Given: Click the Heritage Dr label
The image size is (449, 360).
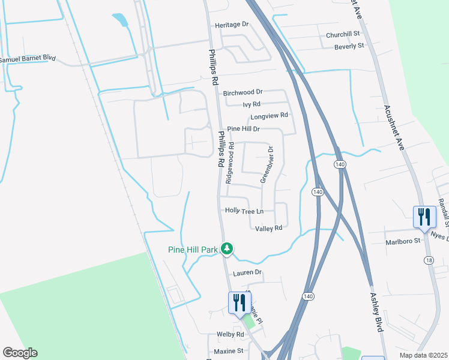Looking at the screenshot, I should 232,25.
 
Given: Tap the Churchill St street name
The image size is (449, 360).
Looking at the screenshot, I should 342,35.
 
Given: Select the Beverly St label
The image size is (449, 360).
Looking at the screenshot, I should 349,46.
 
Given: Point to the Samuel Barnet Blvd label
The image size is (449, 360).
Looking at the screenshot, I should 28,59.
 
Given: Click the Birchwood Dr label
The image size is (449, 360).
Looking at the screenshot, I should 243,92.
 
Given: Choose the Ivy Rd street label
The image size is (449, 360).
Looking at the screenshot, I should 251,104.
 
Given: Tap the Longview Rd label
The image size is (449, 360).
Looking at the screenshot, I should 270,115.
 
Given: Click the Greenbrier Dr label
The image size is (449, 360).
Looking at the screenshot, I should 267,164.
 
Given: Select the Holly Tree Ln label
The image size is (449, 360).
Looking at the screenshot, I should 244,211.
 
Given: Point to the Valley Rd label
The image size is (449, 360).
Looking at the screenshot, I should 268,229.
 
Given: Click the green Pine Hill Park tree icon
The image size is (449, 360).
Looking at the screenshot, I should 226,248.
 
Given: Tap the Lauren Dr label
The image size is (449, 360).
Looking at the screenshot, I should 248,272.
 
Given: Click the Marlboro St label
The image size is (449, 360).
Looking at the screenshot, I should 401,243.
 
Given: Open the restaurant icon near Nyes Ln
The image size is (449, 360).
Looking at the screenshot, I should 424,217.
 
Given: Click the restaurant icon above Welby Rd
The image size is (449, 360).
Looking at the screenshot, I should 240,302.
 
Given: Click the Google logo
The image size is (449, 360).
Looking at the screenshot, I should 20,353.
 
